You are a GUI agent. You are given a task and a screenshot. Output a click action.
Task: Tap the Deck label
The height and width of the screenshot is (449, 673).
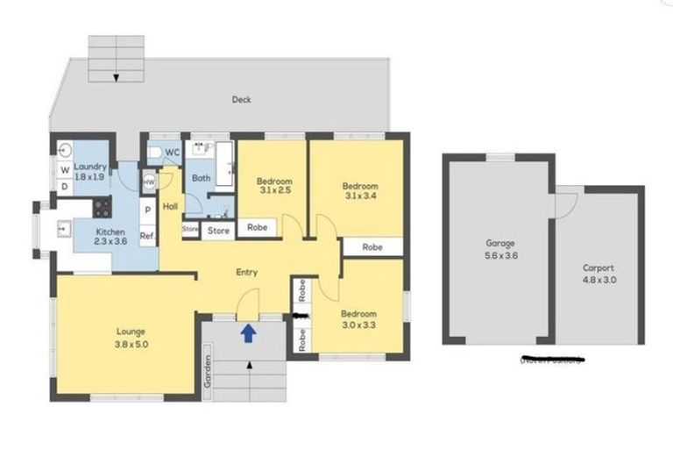tap(242, 100)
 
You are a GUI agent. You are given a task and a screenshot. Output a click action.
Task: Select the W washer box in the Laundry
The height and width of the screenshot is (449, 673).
tap(64, 170)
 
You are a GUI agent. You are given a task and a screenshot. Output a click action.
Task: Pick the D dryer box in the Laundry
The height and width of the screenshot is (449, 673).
tap(64, 187)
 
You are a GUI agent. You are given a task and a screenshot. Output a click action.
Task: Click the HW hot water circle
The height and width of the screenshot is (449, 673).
tap(149, 182)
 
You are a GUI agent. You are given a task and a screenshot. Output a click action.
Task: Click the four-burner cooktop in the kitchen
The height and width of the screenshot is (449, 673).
tap(103, 209)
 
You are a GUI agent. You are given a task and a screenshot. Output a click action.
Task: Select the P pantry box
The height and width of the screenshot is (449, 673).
tap(148, 210)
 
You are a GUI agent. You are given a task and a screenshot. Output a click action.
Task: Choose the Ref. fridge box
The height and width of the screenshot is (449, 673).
tap(148, 235)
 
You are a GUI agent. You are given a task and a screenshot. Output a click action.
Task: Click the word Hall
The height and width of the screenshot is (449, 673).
tap(170, 206)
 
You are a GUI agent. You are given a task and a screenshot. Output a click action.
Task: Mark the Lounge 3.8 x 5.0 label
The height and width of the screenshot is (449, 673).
tap(130, 337)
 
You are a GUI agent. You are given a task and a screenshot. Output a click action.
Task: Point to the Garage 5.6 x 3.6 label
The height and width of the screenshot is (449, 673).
tap(499, 248)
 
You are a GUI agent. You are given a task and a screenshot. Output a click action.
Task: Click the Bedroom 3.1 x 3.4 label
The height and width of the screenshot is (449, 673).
tap(360, 191)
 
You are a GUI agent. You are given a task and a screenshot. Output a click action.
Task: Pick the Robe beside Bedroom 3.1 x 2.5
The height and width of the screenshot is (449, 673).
tap(258, 227)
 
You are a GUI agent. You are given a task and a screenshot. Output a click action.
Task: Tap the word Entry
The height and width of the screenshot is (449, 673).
tap(248, 272)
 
